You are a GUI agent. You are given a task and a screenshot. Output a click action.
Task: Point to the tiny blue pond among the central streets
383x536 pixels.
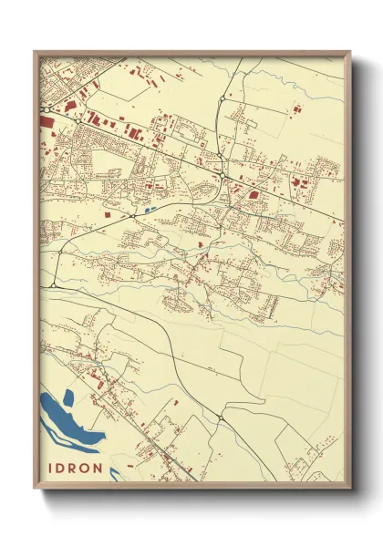pos(148,210)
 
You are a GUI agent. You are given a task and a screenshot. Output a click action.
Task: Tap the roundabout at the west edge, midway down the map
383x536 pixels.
pos(54,285)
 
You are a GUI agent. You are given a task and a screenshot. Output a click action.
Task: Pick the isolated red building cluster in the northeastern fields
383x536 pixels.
pos(294,109)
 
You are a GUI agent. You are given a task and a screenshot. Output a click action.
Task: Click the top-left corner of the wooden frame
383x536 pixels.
pos(35,52)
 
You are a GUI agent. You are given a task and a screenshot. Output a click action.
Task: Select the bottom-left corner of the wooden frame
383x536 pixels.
pos(35,487)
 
